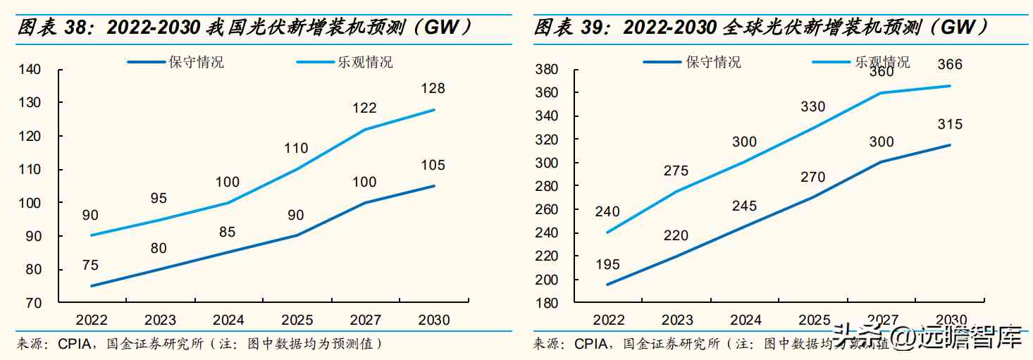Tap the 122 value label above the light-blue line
(x=365, y=108)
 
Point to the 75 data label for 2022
(x=90, y=266)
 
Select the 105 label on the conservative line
(x=433, y=166)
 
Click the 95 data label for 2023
(x=159, y=199)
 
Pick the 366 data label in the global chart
(x=950, y=65)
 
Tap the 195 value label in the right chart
(x=607, y=265)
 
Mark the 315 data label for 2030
(x=950, y=125)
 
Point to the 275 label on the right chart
(x=676, y=171)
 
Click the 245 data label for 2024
(x=744, y=206)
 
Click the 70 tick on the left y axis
(x=35, y=303)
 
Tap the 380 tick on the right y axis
(x=547, y=70)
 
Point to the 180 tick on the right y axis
(x=547, y=303)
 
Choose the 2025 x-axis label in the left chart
(x=297, y=321)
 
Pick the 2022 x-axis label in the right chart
(x=609, y=321)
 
